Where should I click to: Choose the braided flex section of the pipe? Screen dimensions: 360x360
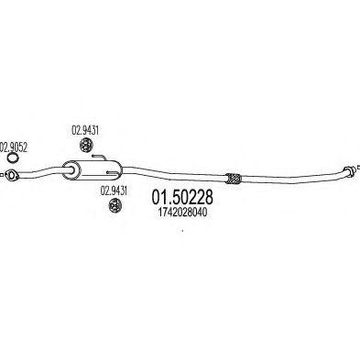[232, 177]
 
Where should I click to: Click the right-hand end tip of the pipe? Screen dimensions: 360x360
[350, 169]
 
